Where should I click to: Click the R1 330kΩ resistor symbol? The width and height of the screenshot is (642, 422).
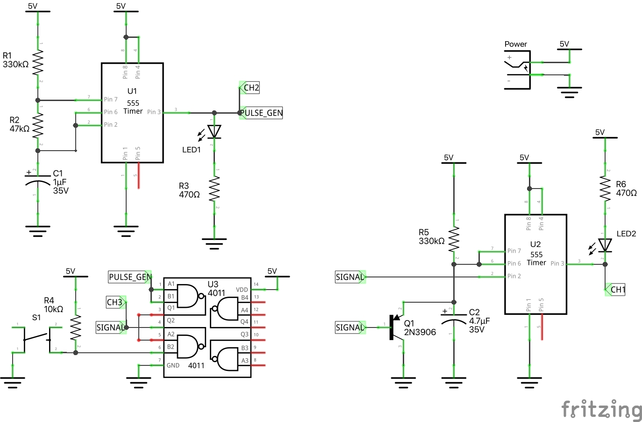pos(38,62)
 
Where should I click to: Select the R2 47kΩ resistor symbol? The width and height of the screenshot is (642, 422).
pos(38,125)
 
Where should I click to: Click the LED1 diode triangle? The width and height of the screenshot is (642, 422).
pos(214,131)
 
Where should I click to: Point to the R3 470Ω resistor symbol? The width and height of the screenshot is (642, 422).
pos(214,189)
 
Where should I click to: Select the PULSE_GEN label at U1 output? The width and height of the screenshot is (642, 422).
pos(262,113)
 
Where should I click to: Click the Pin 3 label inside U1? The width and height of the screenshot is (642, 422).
pos(154,112)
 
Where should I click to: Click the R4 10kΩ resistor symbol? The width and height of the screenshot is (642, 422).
pos(76,327)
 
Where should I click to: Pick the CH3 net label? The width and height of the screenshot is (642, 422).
pos(115,302)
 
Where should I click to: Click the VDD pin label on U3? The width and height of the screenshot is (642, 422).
pos(242,290)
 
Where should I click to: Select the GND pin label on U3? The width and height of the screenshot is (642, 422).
pos(173,365)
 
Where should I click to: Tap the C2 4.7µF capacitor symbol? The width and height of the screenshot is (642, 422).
pos(454,320)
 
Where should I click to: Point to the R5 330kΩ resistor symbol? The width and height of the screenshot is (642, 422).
pos(454,239)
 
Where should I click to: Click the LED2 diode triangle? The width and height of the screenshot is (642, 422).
pos(605,245)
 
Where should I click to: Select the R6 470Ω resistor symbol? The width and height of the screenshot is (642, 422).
pos(605,188)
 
